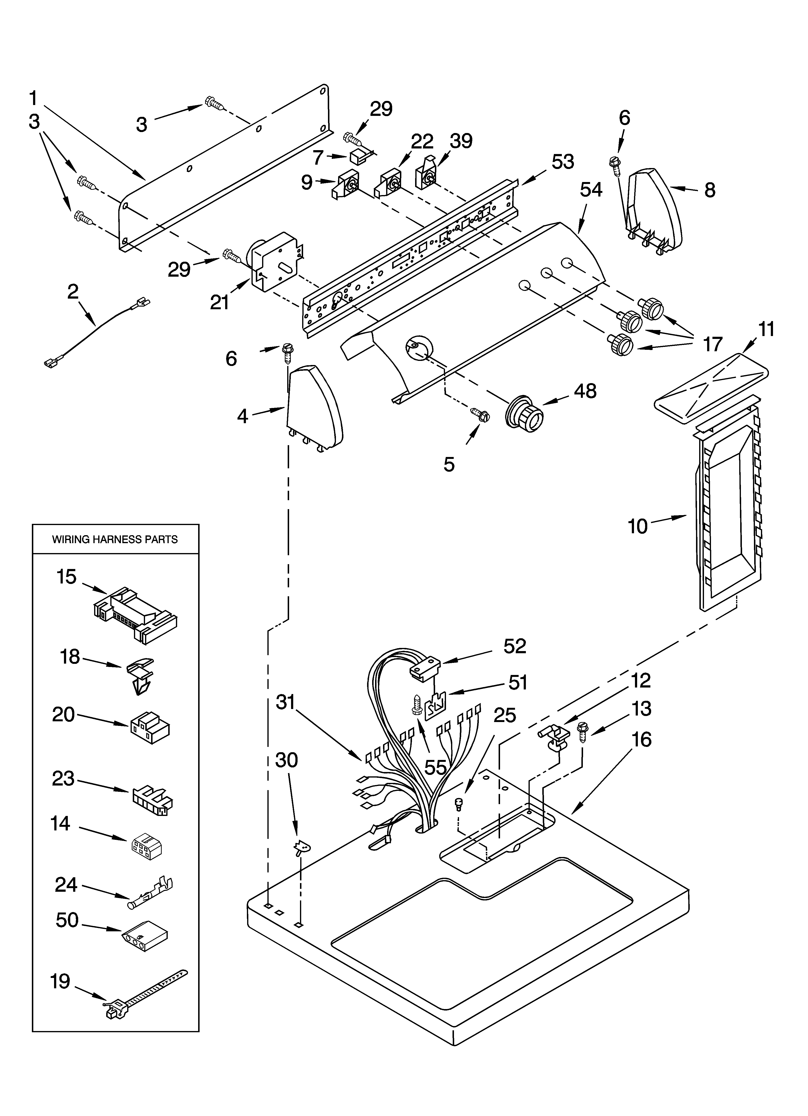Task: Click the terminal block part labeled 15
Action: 135,615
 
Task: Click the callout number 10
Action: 638,526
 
